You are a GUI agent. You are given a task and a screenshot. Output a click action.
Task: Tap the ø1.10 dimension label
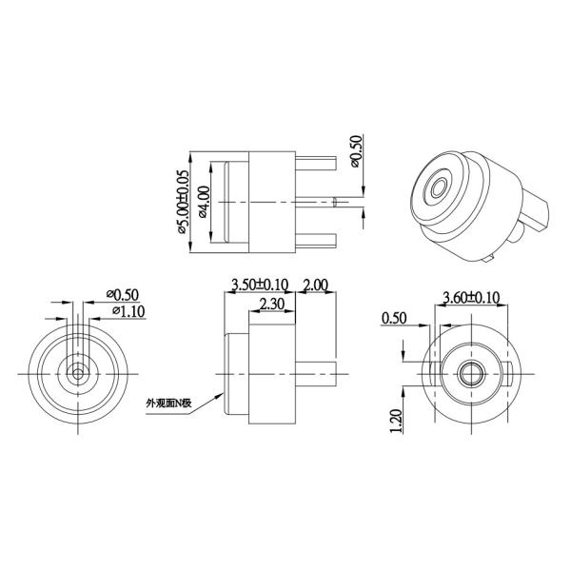click(128, 310)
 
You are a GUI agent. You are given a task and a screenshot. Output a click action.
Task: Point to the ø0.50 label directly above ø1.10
click(125, 293)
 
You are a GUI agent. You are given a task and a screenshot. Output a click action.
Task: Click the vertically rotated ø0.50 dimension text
click(356, 150)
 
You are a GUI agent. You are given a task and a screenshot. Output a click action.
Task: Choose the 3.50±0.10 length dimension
click(259, 285)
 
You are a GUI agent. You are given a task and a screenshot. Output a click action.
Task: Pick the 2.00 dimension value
click(315, 285)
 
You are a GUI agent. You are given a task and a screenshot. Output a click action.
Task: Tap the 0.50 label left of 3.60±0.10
click(393, 318)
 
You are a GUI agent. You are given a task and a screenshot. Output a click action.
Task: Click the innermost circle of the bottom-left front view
click(75, 369)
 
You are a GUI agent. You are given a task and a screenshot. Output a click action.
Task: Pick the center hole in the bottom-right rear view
click(468, 369)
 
